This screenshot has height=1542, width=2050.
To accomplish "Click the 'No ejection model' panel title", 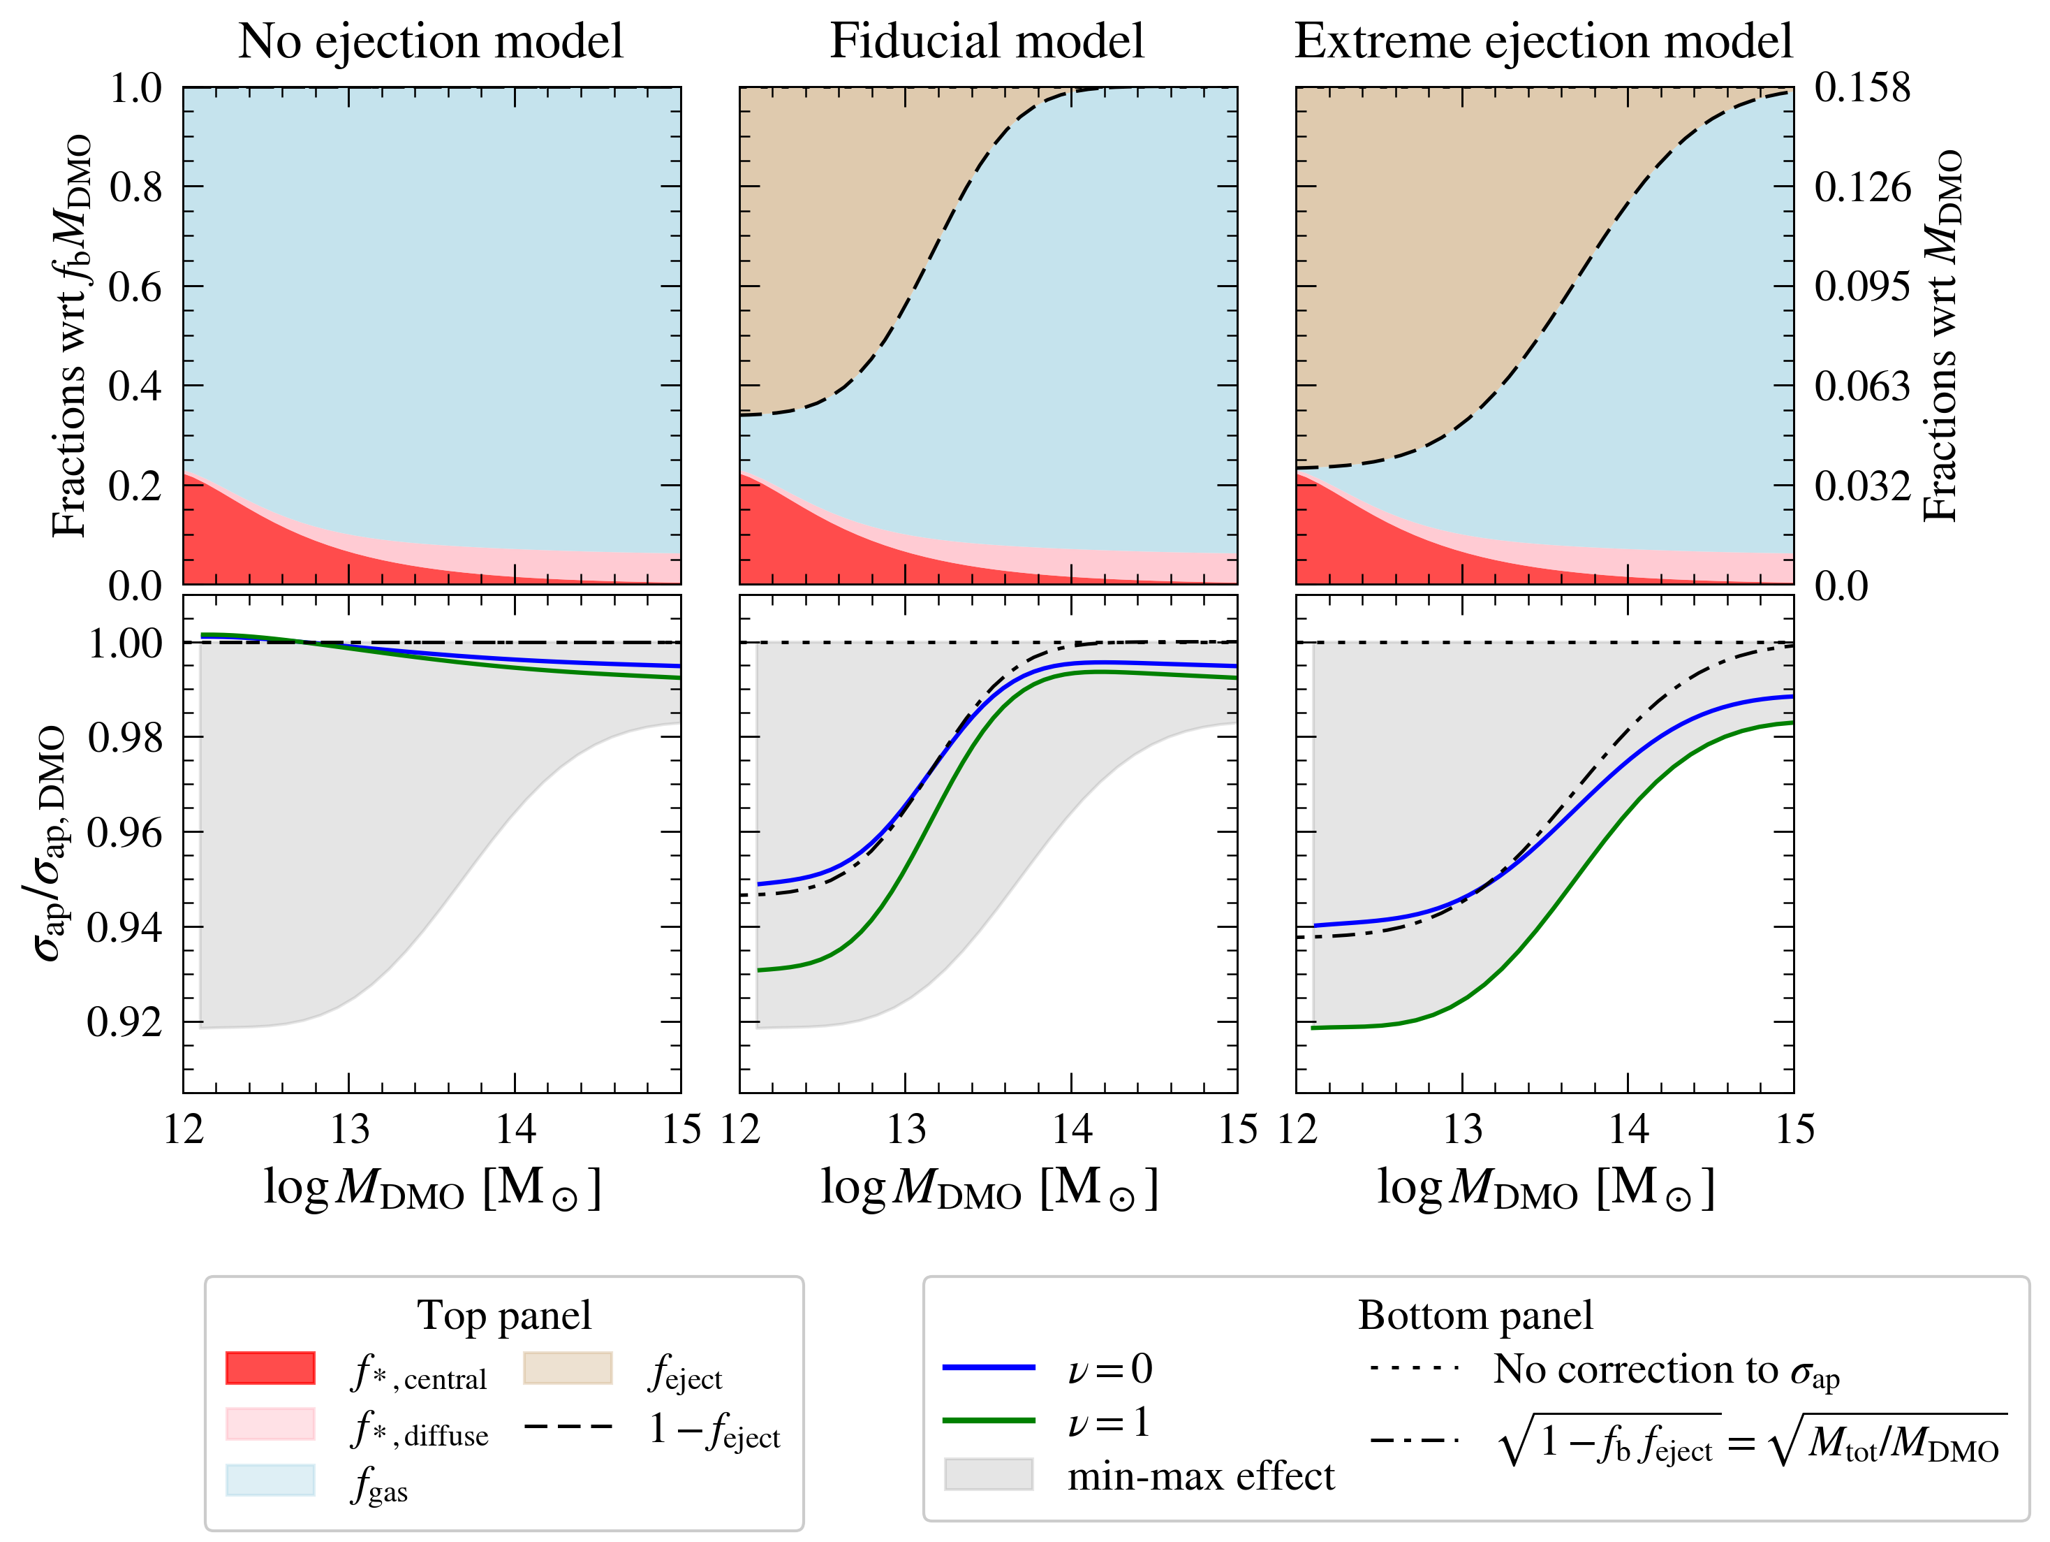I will (430, 42).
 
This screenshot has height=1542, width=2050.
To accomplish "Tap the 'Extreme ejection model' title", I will (1543, 42).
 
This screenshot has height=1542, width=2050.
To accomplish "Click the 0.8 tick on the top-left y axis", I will (135, 187).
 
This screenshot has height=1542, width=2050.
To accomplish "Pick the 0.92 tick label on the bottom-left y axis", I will (124, 1021).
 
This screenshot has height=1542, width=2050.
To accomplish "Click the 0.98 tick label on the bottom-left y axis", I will (124, 738).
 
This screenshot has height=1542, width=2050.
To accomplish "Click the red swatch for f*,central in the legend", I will (270, 1369).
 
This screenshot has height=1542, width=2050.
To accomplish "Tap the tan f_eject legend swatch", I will (567, 1369).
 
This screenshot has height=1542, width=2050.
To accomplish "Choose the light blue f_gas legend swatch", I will (270, 1480).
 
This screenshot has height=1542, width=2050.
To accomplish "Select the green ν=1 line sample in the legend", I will (988, 1420).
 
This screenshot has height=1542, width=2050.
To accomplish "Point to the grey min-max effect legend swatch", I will (988, 1474).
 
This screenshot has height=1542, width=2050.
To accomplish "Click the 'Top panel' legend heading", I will (503, 1316).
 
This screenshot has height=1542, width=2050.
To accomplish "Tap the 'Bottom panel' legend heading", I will (1475, 1316).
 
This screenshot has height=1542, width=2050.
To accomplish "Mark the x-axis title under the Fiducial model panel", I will (988, 1188).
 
